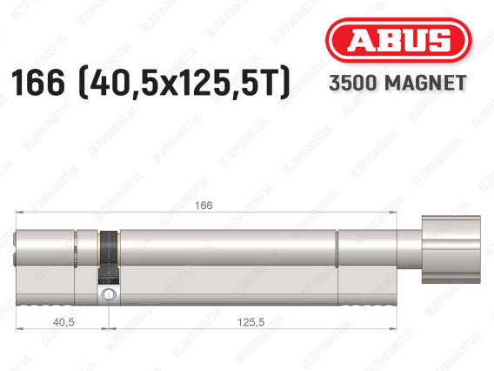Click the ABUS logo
[398, 40]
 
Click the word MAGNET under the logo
[425, 83]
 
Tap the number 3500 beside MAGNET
[353, 83]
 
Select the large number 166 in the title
[37, 82]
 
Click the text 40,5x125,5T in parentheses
[185, 83]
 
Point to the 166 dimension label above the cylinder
[204, 206]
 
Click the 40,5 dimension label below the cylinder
[63, 322]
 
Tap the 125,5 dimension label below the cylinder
[251, 322]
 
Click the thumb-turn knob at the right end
[451, 249]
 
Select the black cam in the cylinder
[109, 257]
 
